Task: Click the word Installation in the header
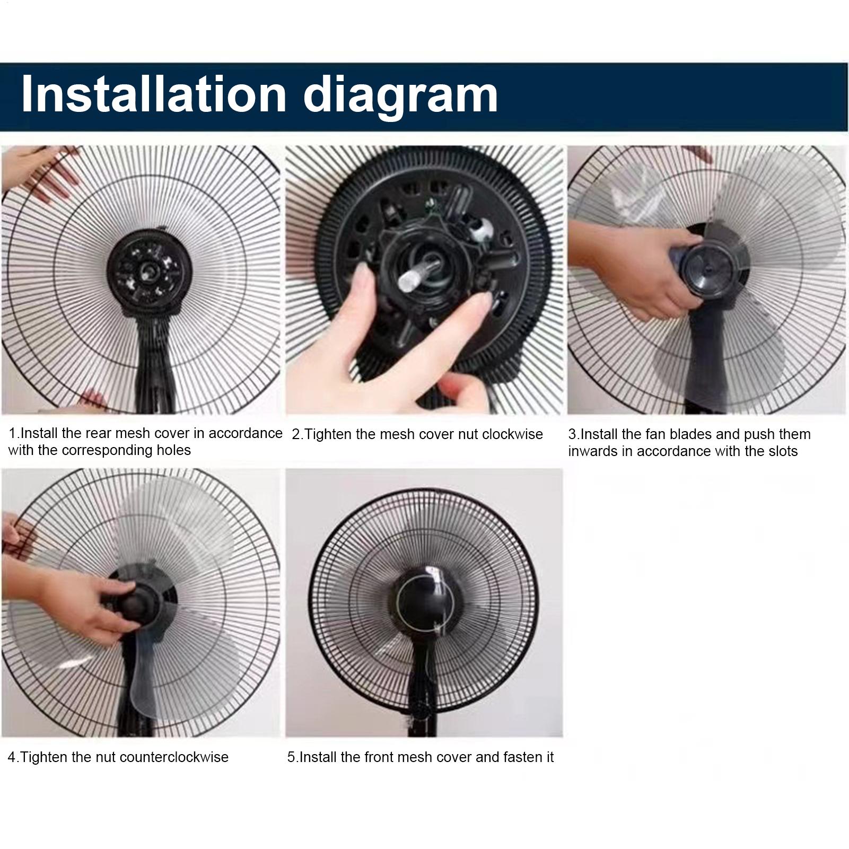point(154,95)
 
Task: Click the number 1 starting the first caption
point(12,433)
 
